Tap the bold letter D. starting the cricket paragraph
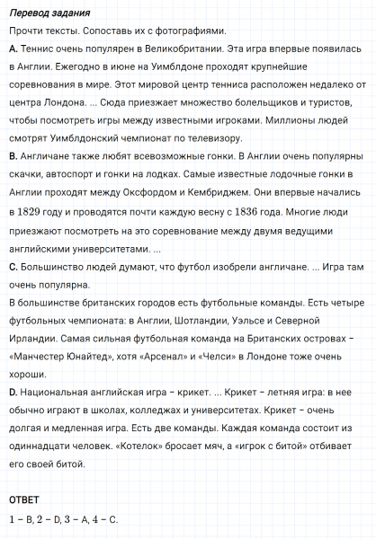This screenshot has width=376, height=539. pos(12,392)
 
